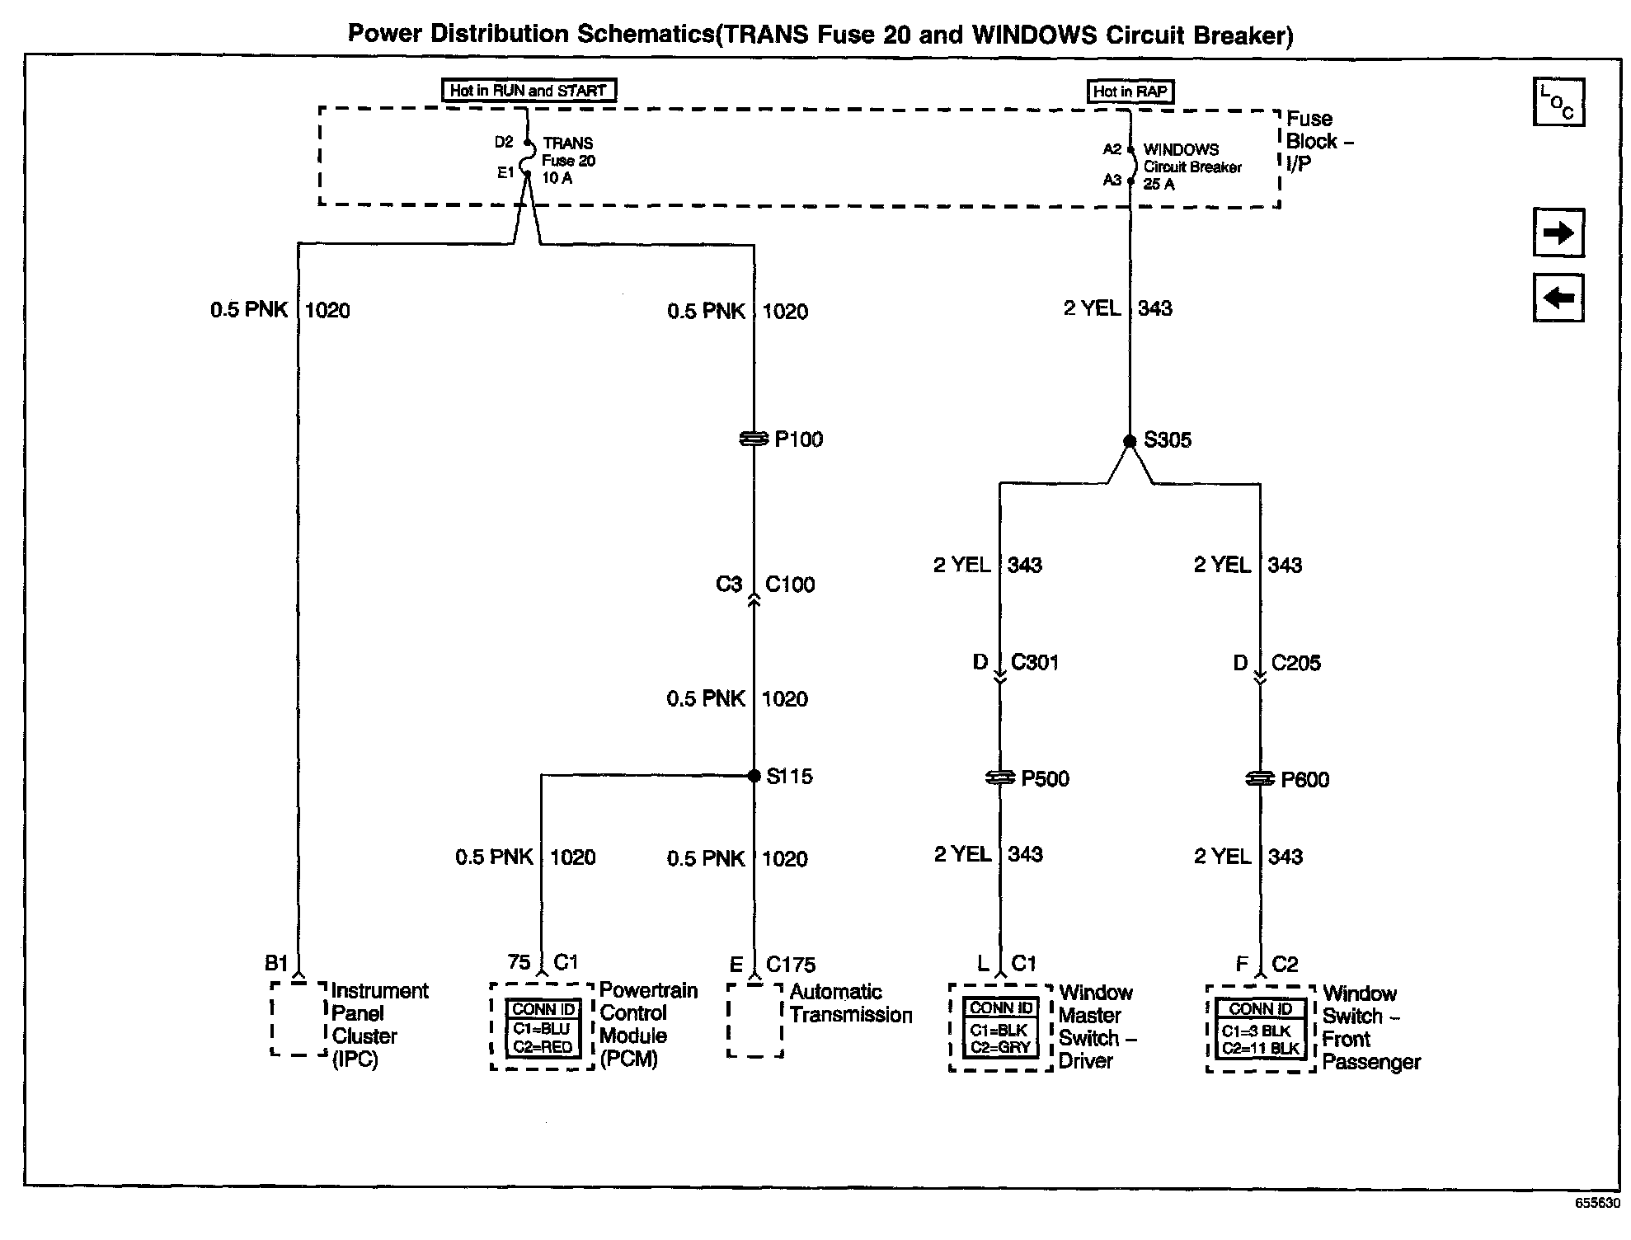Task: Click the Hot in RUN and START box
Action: (x=529, y=91)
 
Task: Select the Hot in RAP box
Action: (x=1130, y=92)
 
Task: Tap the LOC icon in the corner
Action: (x=1558, y=102)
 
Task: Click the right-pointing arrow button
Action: (x=1558, y=233)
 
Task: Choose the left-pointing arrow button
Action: (x=1558, y=298)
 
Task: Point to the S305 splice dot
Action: (x=1130, y=441)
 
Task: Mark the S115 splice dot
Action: (x=754, y=776)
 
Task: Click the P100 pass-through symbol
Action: (x=754, y=440)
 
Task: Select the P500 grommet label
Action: (x=1045, y=779)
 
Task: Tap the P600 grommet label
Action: (x=1304, y=780)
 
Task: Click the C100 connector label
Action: (x=790, y=585)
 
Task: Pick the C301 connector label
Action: (x=1035, y=663)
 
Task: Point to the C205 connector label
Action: (x=1295, y=663)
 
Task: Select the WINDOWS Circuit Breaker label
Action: (x=1192, y=167)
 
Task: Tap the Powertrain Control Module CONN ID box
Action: (x=543, y=1028)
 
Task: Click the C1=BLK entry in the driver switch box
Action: (x=999, y=1031)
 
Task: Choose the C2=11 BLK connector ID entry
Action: (x=1260, y=1049)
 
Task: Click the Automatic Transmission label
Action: (x=850, y=1003)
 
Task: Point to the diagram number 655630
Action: (x=1597, y=1203)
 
